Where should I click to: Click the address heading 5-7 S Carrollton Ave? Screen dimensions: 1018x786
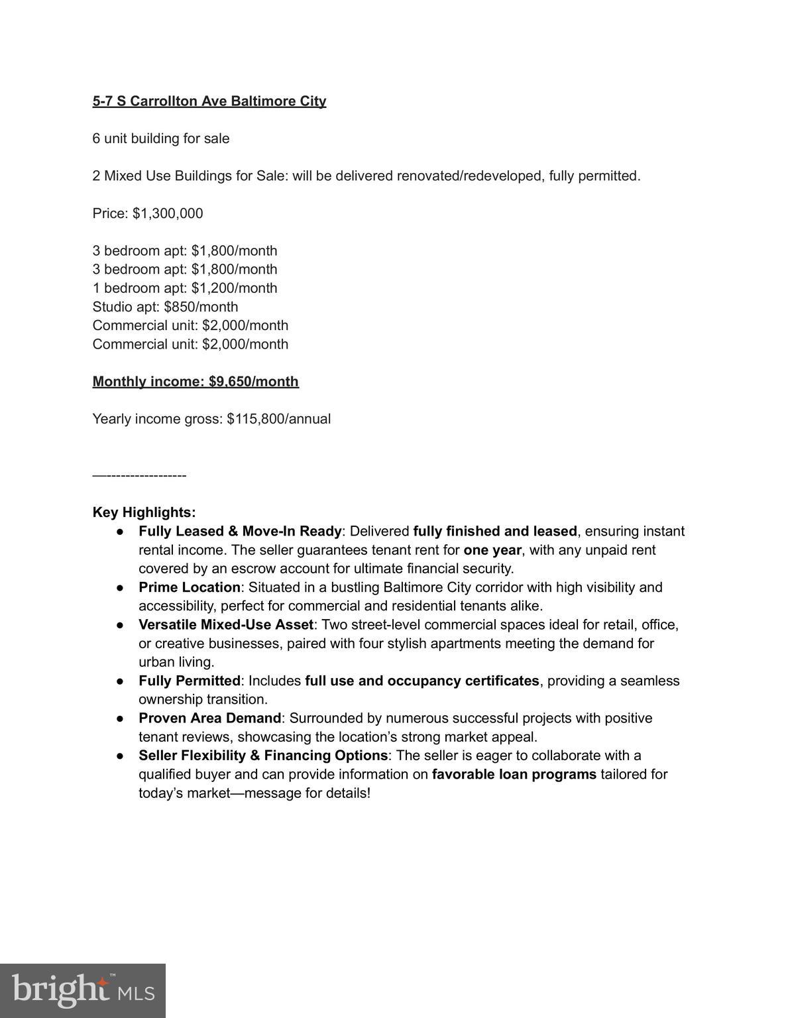[x=209, y=101]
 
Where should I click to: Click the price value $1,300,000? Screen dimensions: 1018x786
[x=168, y=213]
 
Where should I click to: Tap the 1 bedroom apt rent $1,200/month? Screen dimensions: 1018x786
[x=234, y=288]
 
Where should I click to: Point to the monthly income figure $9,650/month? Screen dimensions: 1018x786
[x=253, y=382]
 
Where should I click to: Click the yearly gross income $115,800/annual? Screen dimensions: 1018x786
[x=278, y=419]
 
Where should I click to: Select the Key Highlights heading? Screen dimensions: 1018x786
[x=144, y=512]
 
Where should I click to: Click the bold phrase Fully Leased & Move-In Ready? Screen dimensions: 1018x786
[x=240, y=532]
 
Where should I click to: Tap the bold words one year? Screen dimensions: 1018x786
[x=492, y=550]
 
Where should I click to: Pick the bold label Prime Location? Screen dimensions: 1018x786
[x=189, y=587]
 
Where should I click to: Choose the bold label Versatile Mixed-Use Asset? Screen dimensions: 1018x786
[x=225, y=625]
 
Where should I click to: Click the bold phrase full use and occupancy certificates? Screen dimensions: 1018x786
[x=421, y=681]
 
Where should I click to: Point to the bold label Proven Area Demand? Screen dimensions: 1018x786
[x=209, y=718]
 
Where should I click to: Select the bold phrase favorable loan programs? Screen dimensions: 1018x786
[x=514, y=774]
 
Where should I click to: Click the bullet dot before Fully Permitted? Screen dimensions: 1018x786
[x=120, y=681]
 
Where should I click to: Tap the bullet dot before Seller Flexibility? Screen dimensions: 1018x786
[x=120, y=756]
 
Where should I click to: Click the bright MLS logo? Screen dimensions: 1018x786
[x=83, y=990]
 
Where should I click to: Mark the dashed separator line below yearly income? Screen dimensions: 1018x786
[x=139, y=475]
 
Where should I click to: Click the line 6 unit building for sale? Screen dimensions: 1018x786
[x=161, y=139]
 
